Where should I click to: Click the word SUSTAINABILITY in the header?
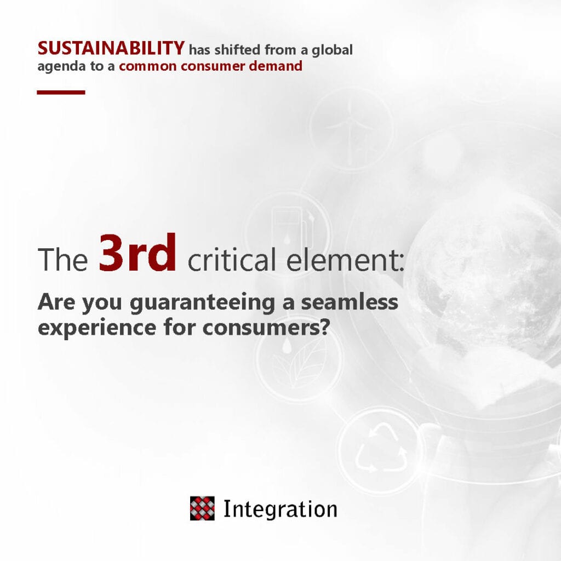111,48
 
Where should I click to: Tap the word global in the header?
332,50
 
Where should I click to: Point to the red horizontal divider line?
61,92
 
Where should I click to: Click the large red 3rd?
138,253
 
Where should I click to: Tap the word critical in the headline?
232,259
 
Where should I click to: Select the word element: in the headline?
345,260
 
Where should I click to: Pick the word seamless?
349,302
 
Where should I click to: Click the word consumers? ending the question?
266,327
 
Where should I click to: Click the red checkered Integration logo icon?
202,508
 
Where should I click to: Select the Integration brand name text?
280,510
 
